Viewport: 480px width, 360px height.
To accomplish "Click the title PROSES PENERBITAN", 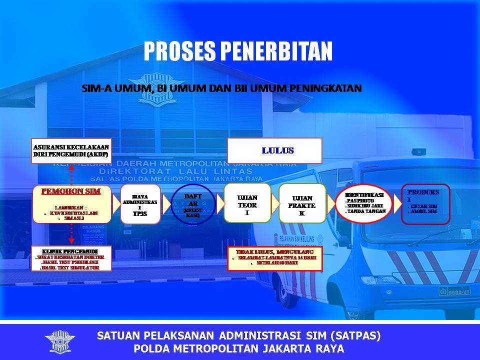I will point(238,51).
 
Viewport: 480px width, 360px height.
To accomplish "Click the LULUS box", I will point(274,151).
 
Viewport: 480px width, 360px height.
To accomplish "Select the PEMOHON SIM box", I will point(70,203).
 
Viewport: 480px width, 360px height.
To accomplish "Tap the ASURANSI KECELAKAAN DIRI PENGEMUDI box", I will point(70,151).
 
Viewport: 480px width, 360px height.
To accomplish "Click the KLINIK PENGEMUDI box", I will point(70,258).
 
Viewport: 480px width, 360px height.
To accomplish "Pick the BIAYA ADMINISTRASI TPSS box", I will point(140,203).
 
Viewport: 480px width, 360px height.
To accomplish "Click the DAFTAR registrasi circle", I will point(193,205).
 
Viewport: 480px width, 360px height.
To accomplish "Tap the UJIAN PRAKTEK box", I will point(302,203).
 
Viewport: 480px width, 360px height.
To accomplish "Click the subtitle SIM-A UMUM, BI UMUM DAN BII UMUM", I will point(221,88).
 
